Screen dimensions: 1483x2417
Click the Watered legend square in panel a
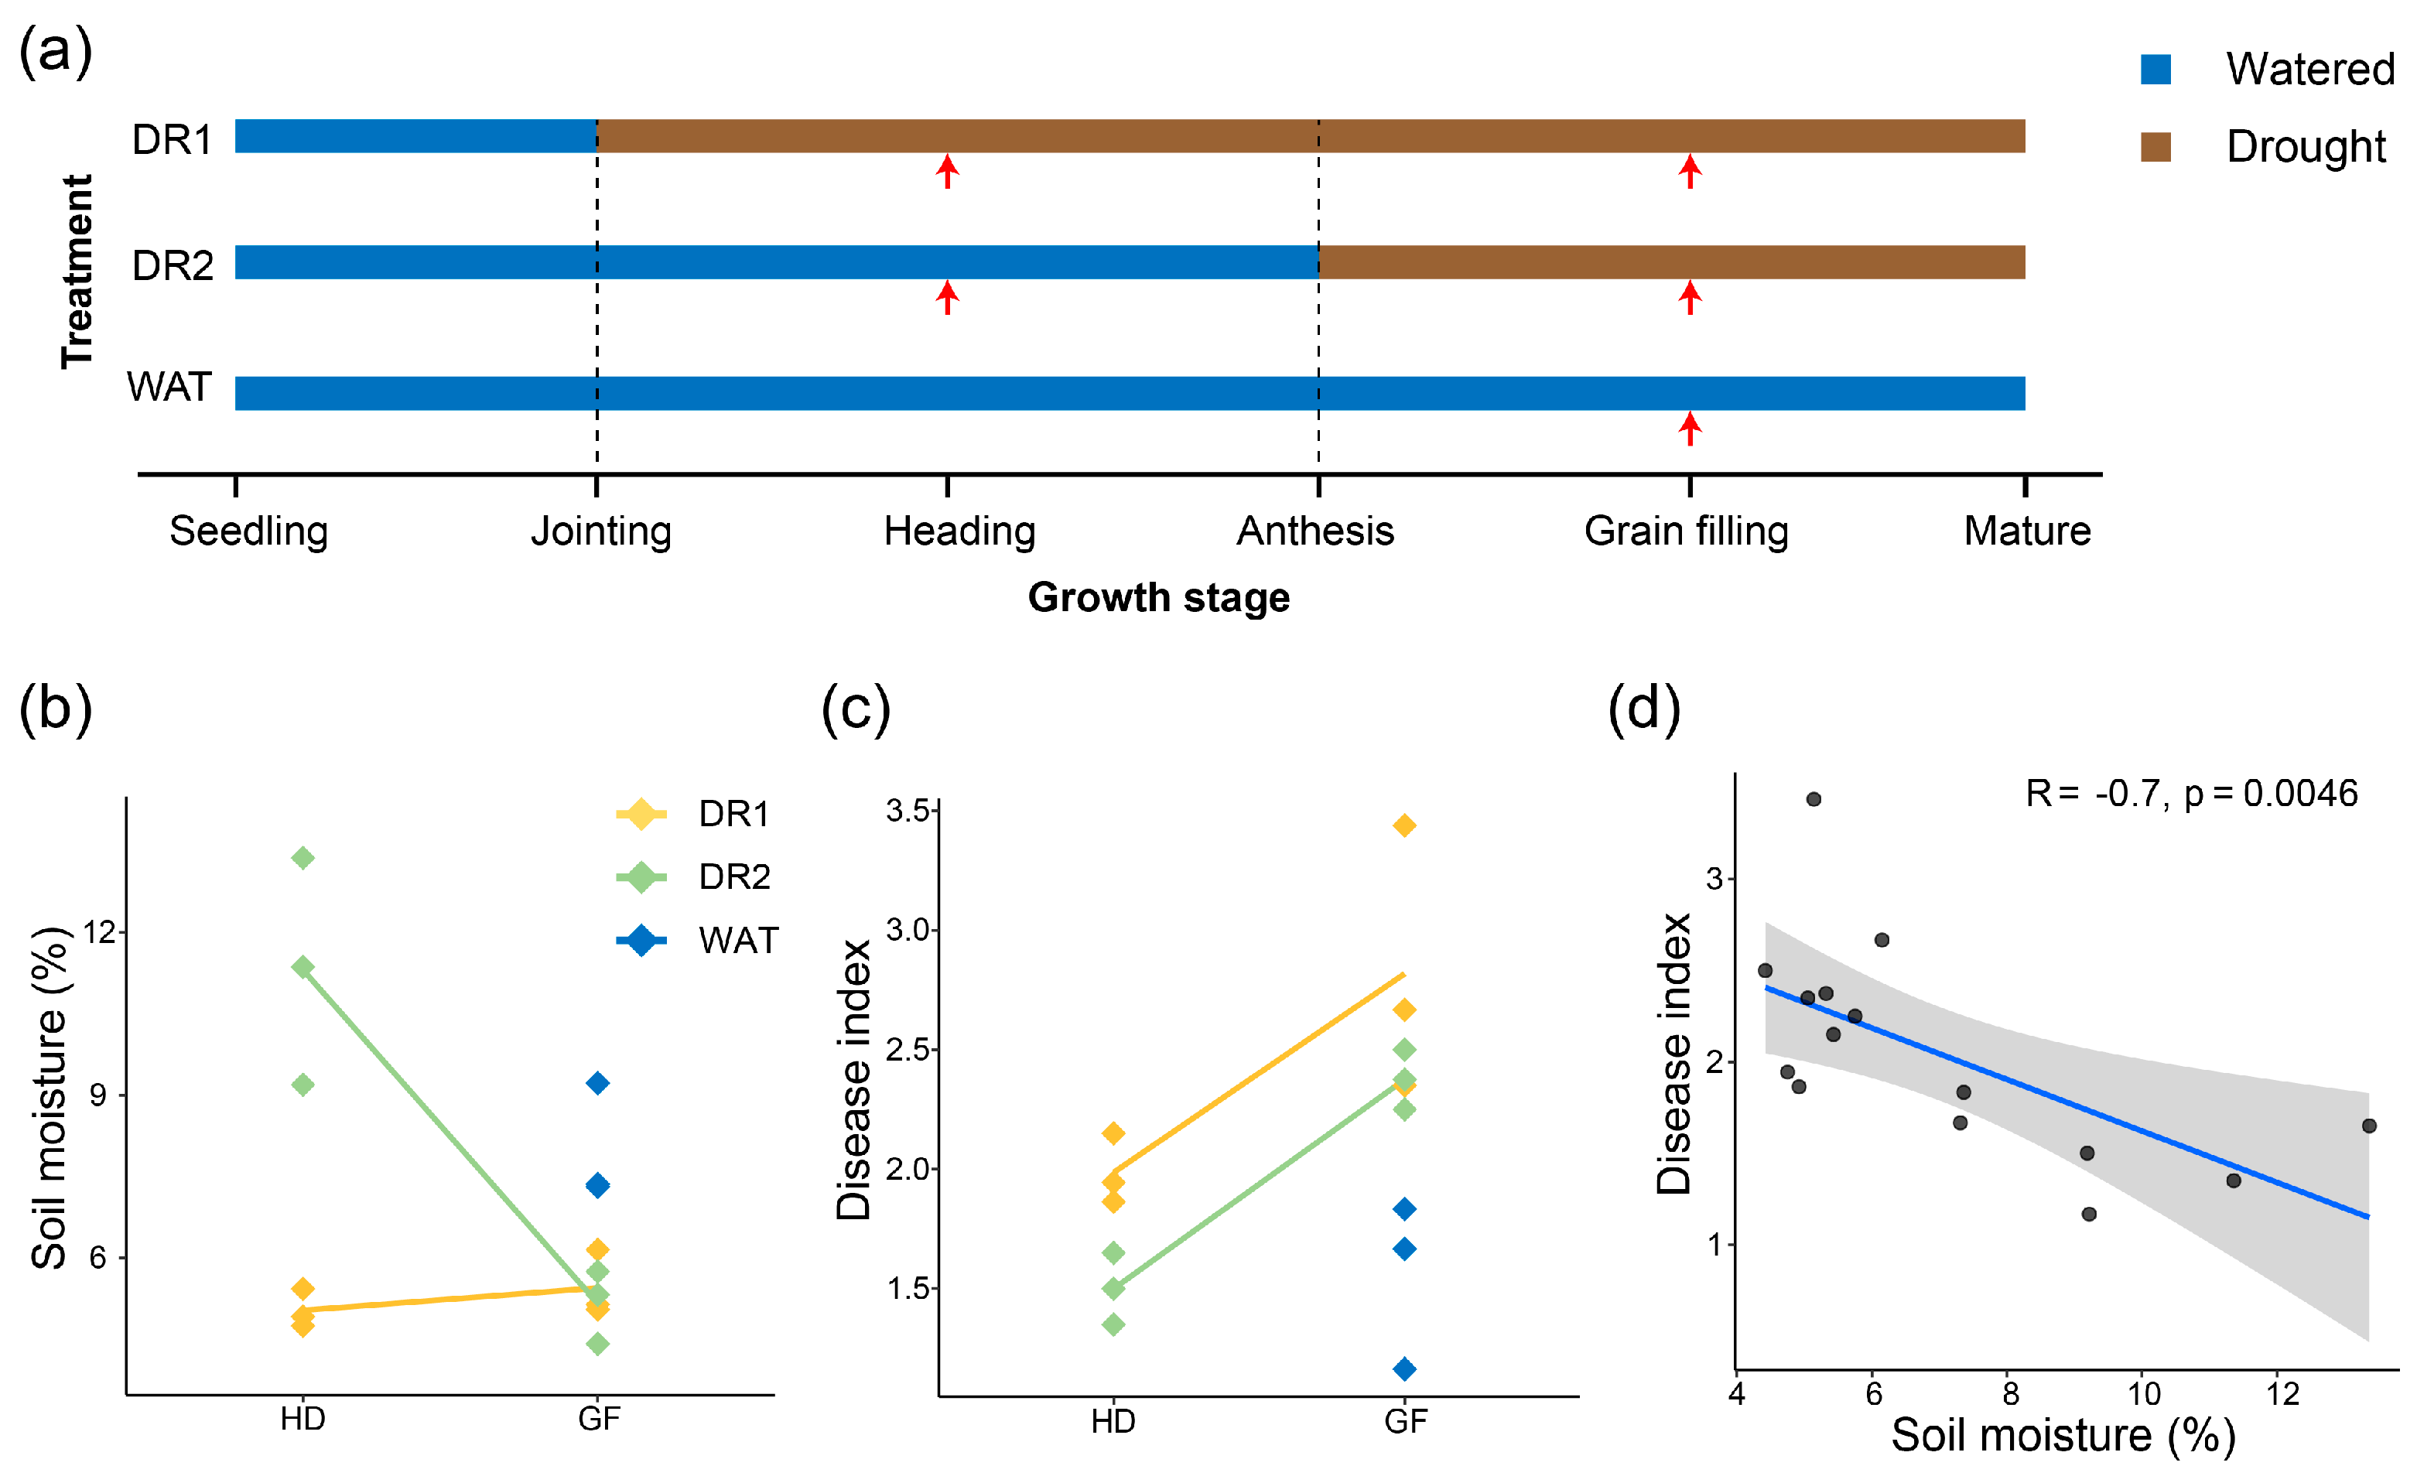tap(2155, 70)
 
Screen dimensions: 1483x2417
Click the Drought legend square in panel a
tap(2155, 147)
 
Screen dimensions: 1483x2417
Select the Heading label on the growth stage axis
tap(959, 531)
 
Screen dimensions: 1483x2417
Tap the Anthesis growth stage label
tap(1314, 531)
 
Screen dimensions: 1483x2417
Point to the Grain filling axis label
tap(1686, 531)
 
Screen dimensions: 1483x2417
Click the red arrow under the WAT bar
tap(1689, 429)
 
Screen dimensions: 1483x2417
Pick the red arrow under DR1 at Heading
tap(946, 171)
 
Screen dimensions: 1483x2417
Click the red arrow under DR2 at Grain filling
tap(1689, 297)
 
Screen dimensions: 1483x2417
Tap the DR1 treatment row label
tap(173, 139)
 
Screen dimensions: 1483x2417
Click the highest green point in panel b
tap(303, 858)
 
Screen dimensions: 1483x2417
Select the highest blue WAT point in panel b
tap(597, 1083)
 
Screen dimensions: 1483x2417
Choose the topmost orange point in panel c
tap(1405, 826)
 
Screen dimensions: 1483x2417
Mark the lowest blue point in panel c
tap(1405, 1369)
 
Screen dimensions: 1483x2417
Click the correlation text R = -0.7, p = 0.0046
tap(2191, 794)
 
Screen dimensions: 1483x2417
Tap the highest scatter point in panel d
tap(1814, 799)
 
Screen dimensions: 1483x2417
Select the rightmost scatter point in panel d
tap(2369, 1126)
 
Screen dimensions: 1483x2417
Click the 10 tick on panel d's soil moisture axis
tap(2145, 1394)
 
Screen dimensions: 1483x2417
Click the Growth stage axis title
tap(1158, 597)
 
